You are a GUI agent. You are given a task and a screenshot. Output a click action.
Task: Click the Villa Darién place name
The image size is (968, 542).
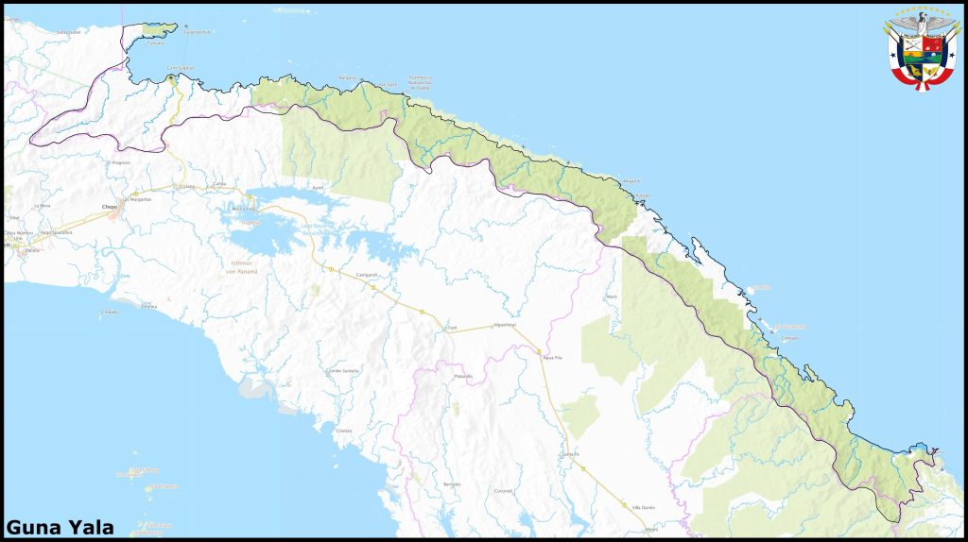[x=643, y=507]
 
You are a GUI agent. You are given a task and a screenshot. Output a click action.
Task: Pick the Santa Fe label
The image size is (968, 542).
[x=569, y=454]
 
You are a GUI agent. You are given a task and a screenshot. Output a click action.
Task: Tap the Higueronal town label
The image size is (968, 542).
[x=505, y=325]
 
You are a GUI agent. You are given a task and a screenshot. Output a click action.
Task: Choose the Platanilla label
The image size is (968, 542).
[x=462, y=377]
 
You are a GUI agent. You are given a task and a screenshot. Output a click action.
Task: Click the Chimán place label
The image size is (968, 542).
[x=344, y=430]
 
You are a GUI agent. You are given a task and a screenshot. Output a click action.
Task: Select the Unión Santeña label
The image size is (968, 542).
[x=342, y=370]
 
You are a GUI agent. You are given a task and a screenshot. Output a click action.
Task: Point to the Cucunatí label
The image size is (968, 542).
[x=503, y=491]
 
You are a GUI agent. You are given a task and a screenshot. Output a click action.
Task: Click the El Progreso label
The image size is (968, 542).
[x=119, y=162]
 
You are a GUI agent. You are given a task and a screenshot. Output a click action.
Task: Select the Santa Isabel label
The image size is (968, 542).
[x=69, y=31]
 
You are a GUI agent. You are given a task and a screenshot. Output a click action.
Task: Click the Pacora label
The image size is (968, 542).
[x=32, y=251]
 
